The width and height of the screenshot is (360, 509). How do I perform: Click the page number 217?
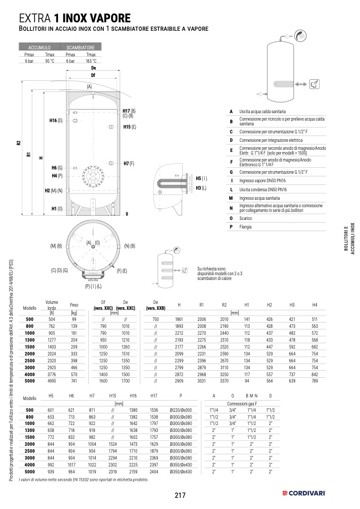[180, 495]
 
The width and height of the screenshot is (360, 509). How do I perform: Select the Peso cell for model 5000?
[74, 381]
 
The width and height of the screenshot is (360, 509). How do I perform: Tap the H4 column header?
[315, 304]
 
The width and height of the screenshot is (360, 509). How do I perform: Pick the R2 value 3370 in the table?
[224, 381]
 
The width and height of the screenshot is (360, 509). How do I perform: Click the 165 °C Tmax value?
[91, 62]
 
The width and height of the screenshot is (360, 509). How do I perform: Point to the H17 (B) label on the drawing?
[129, 111]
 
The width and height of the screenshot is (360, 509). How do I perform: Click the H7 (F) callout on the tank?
[129, 164]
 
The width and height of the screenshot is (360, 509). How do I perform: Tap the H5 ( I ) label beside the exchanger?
[201, 179]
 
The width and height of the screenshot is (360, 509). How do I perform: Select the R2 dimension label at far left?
[18, 142]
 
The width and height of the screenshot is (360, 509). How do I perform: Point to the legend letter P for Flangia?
[231, 227]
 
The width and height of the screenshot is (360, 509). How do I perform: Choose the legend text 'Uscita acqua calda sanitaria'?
[263, 112]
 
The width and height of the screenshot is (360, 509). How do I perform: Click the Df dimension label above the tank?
[93, 75]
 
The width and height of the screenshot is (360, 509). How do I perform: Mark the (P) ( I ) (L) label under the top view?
[94, 286]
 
